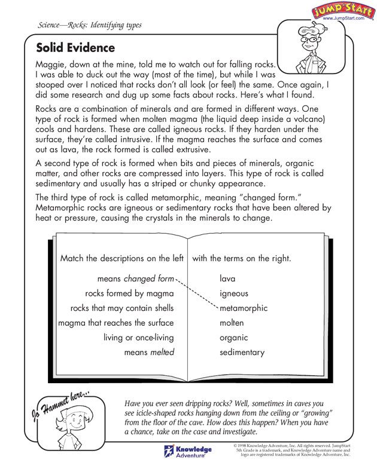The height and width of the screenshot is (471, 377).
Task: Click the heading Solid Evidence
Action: point(75,48)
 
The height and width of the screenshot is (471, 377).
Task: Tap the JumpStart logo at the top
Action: point(339,11)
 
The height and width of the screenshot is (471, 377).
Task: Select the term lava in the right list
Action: point(227,279)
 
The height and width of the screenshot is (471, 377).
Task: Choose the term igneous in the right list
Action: point(234,293)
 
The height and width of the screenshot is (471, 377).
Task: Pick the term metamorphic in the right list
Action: point(244,308)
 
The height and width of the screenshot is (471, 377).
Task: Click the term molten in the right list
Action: point(232,323)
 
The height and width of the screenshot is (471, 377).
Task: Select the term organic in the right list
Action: point(234,338)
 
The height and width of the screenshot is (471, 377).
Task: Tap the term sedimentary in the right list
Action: point(242,352)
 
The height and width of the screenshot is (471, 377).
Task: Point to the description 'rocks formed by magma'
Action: point(129,293)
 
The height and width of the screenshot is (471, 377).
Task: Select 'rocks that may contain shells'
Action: point(122,308)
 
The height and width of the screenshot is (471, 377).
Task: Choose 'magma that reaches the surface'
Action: point(116,323)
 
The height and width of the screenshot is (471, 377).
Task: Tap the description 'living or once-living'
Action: point(139,338)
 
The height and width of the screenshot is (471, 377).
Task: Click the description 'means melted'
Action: point(149,352)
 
